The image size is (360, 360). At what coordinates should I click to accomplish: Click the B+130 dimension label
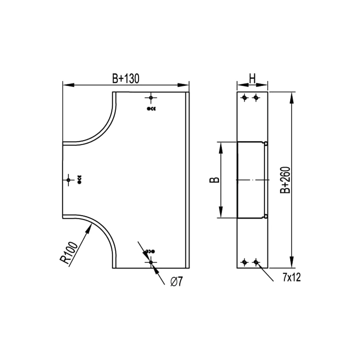(126, 79)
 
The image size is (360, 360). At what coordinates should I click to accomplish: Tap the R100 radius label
(69, 253)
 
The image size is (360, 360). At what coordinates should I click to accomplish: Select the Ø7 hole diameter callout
(176, 281)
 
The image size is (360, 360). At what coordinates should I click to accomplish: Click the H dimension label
(252, 79)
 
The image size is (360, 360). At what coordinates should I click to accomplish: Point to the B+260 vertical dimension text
(285, 180)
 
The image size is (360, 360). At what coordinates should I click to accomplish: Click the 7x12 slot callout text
(292, 278)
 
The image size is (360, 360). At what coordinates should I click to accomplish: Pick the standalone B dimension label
(214, 180)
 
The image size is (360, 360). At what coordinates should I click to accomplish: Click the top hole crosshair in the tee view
(151, 98)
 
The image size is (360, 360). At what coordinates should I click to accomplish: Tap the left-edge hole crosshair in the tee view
(68, 180)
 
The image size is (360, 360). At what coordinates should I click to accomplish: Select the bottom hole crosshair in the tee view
(151, 262)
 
